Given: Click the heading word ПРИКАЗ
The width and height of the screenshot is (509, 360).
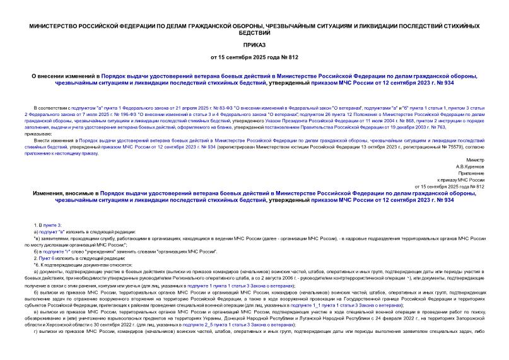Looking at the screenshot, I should [254, 46].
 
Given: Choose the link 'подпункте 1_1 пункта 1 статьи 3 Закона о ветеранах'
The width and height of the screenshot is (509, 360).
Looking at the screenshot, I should [353, 305].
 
